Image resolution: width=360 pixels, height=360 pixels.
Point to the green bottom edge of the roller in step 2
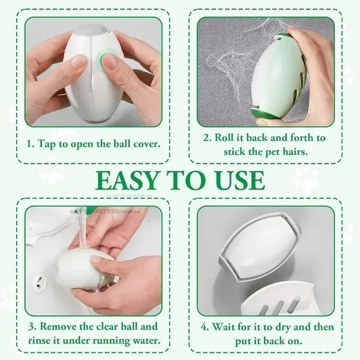coord(270,118)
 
